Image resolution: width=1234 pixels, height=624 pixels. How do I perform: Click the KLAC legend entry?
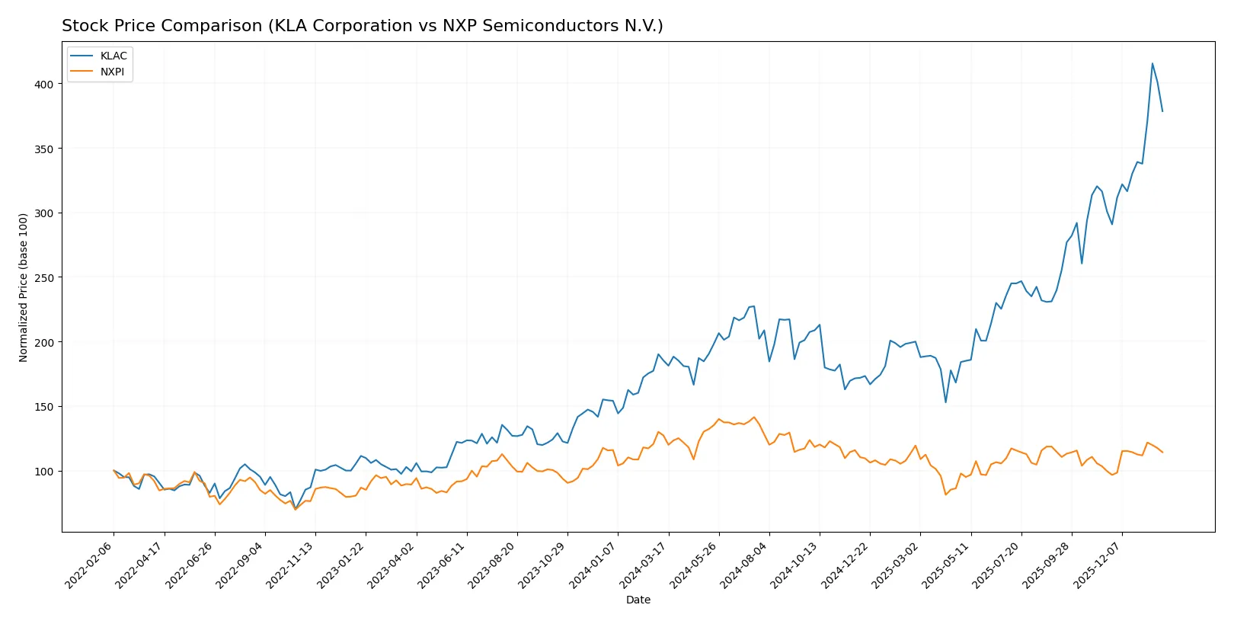113,56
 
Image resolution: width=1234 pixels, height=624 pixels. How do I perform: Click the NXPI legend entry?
112,72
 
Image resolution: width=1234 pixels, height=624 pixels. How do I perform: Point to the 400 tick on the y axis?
43,85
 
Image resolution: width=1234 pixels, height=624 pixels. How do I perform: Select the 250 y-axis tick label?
43,278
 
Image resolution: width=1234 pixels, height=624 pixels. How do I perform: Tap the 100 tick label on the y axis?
43,472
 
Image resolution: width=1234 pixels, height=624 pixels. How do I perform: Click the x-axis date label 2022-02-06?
89,565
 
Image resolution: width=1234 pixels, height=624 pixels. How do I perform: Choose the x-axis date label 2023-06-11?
442,565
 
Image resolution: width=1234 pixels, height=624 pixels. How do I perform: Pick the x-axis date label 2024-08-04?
744,565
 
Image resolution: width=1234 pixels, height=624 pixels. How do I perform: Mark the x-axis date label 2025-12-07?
1098,565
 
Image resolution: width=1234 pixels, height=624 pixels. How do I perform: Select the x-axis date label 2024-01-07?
593,565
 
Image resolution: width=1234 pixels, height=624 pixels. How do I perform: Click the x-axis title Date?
638,600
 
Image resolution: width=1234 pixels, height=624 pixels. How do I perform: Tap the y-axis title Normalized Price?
24,287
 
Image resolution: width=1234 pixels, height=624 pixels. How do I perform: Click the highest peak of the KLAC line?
1152,63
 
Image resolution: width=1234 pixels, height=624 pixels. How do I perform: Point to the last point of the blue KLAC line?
1162,111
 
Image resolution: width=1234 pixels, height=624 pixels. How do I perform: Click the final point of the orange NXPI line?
1162,453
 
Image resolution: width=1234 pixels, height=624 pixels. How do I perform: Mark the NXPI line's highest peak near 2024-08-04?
754,417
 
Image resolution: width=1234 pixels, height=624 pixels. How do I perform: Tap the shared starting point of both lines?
113,471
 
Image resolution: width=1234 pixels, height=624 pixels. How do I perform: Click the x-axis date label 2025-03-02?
896,565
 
